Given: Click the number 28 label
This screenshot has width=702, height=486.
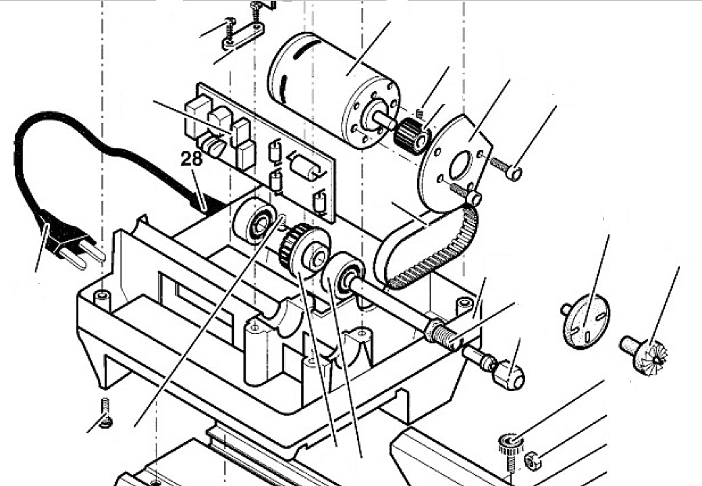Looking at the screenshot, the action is click(191, 159).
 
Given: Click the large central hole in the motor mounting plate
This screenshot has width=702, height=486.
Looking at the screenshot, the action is click(460, 165).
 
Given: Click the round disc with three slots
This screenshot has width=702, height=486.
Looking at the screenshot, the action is click(586, 321).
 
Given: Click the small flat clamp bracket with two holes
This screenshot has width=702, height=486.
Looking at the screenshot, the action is click(243, 36).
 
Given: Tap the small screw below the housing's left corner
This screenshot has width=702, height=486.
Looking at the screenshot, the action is click(106, 412).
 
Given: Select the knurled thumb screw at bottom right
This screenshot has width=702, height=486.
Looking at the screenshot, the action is click(511, 450).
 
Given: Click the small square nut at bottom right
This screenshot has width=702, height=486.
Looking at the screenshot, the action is click(533, 460).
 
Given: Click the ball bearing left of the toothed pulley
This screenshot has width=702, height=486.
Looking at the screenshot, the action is click(254, 221).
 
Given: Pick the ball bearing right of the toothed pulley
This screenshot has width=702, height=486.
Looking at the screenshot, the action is click(343, 276).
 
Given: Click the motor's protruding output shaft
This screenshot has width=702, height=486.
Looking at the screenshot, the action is click(382, 118).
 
